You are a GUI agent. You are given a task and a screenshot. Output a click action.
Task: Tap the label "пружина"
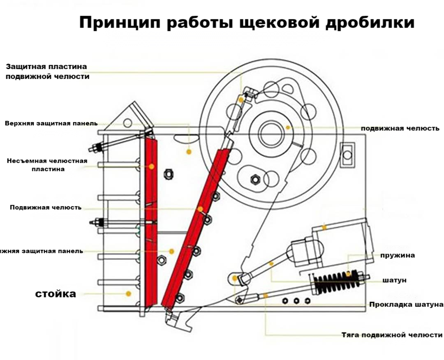point(397,255)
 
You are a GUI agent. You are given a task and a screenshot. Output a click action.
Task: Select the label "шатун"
point(394,280)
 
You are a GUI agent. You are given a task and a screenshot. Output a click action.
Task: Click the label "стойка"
point(55,294)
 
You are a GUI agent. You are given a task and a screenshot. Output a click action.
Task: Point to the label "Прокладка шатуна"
point(406,305)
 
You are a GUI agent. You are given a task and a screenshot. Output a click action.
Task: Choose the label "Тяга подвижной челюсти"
point(392,335)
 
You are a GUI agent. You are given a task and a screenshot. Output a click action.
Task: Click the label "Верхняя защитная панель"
point(51,123)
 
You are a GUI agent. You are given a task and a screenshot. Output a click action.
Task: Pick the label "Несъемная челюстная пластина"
point(47,165)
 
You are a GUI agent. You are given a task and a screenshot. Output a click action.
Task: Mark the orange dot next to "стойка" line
point(129,294)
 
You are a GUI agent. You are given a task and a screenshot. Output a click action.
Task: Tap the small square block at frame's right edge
point(347,155)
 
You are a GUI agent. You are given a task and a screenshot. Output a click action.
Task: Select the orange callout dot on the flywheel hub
point(288,128)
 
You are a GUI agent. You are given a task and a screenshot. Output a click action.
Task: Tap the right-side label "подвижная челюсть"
point(400,128)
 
